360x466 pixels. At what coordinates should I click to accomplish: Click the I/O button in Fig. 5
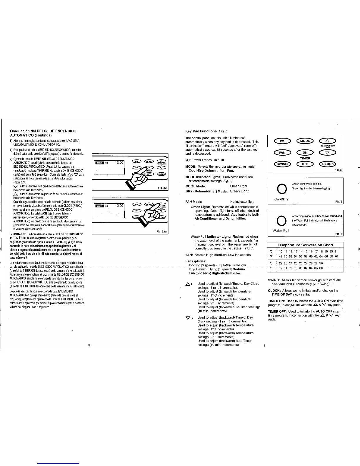click(x=281, y=141)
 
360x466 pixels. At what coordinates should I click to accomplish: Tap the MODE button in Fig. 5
click(x=305, y=141)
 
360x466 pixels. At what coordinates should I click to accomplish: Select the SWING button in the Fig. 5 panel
click(x=281, y=164)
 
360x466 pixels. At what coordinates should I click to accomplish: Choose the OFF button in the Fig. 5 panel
click(x=305, y=164)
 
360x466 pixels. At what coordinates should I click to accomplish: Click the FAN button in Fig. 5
click(x=281, y=152)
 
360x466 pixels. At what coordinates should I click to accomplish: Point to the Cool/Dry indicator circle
click(x=281, y=189)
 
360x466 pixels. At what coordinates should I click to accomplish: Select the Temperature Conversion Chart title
click(x=305, y=245)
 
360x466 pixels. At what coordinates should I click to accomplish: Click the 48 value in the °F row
click(x=281, y=256)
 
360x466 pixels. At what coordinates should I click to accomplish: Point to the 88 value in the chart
click(x=321, y=268)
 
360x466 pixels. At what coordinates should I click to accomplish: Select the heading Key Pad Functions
click(x=201, y=131)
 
